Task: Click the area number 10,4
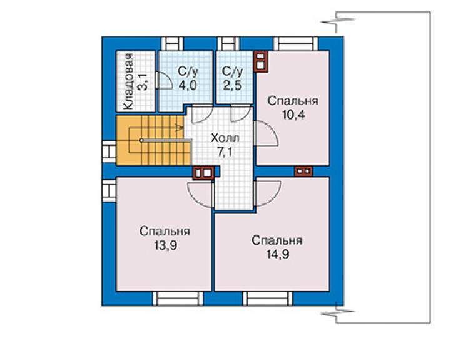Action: click(x=293, y=115)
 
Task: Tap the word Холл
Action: click(x=225, y=138)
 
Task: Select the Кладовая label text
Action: click(x=128, y=82)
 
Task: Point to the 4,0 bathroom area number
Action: click(x=188, y=85)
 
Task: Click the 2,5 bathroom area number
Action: click(x=232, y=85)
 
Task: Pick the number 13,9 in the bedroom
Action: click(x=165, y=245)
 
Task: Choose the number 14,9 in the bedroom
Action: click(x=278, y=254)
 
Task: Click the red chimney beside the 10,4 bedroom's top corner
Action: click(x=260, y=62)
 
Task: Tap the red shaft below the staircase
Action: click(x=203, y=173)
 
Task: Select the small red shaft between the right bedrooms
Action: click(x=303, y=170)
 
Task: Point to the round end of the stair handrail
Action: click(x=141, y=140)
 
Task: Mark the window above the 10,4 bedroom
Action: click(x=296, y=44)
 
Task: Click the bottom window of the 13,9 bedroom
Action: click(x=178, y=299)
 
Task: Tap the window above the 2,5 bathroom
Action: click(x=228, y=44)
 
